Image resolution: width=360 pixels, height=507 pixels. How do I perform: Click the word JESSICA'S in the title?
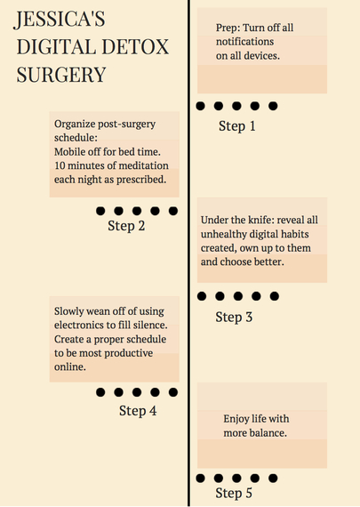pyautogui.click(x=60, y=20)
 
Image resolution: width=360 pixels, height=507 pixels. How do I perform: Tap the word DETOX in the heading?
pyautogui.click(x=135, y=47)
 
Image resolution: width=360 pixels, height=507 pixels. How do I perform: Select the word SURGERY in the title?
pyautogui.click(x=61, y=75)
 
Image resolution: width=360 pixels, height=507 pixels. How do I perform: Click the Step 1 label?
pyautogui.click(x=237, y=126)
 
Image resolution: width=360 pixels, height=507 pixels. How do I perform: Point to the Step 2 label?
pyautogui.click(x=126, y=226)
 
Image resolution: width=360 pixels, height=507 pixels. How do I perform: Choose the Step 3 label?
pyautogui.click(x=234, y=318)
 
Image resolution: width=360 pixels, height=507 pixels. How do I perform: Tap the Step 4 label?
pyautogui.click(x=138, y=411)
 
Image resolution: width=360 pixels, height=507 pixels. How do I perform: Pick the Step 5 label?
pyautogui.click(x=234, y=494)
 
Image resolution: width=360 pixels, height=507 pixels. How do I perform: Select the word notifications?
pyautogui.click(x=245, y=42)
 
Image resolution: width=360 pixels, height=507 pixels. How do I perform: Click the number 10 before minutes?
pyautogui.click(x=60, y=165)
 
